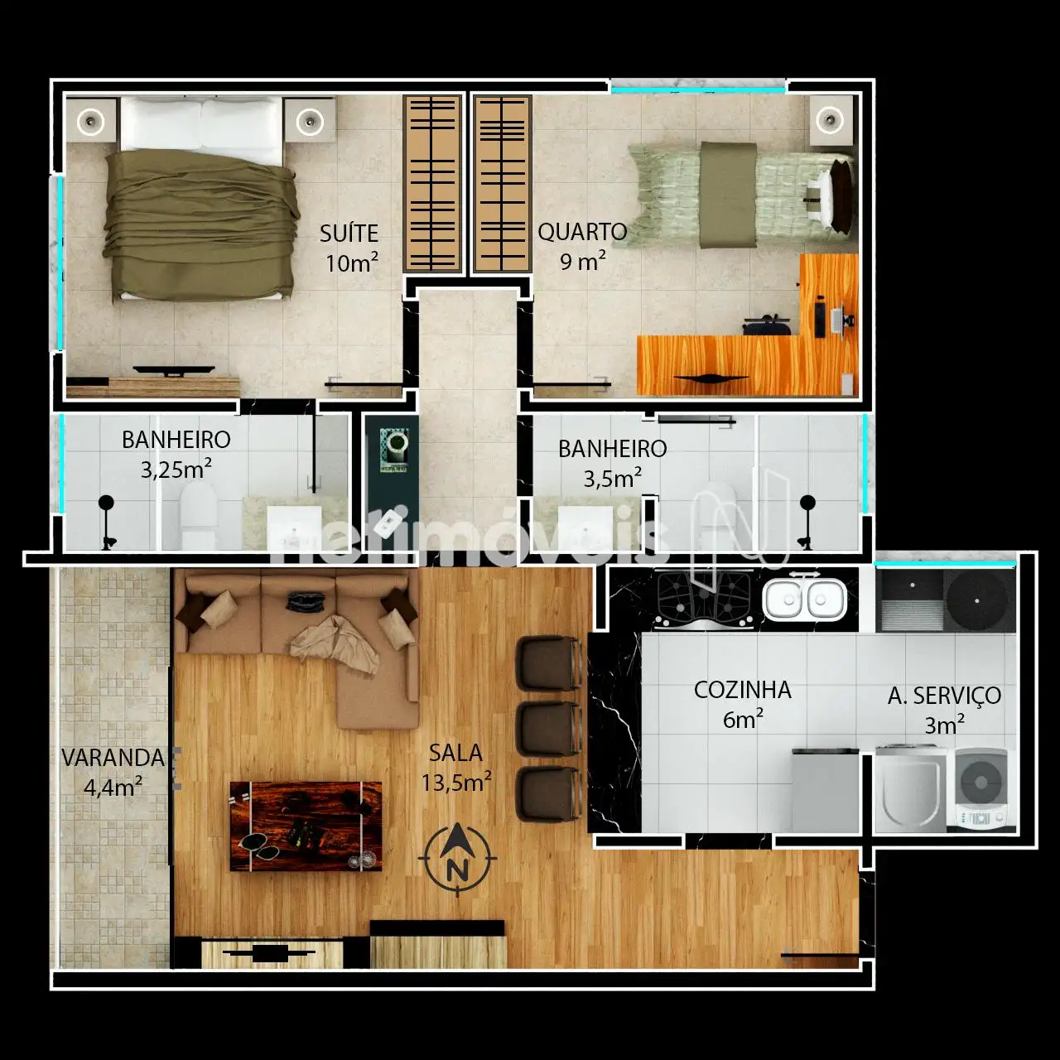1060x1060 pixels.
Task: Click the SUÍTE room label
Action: [x=349, y=234]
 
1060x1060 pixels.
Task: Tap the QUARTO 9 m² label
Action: [x=582, y=247]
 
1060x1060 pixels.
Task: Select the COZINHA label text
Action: [x=743, y=690]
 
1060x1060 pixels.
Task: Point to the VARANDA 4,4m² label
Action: [x=113, y=773]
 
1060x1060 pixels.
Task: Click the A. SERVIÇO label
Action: [x=945, y=696]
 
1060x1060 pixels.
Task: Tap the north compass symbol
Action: [x=457, y=860]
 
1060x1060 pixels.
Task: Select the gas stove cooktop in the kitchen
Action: [x=704, y=599]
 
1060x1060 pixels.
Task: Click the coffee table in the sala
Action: [x=306, y=826]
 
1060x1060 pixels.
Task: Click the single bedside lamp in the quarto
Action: [x=830, y=120]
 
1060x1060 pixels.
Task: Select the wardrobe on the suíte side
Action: [x=432, y=184]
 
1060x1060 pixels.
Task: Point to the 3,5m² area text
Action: [x=612, y=478]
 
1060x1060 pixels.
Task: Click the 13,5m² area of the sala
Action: [x=456, y=782]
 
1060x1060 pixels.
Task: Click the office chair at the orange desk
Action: [x=768, y=325]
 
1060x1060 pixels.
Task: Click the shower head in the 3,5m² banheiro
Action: [x=807, y=503]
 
